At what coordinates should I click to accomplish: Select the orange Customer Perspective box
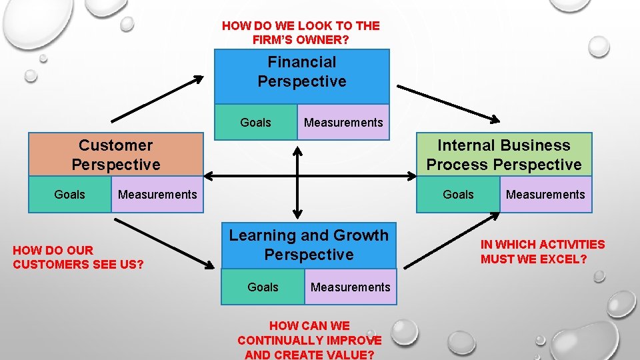tap(116, 155)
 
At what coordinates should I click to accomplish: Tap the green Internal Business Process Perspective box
tap(504, 155)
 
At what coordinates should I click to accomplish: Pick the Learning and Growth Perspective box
tap(309, 245)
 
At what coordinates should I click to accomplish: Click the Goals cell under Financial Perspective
tap(255, 123)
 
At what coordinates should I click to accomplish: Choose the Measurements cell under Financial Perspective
tap(343, 123)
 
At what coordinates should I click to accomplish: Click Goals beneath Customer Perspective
tap(69, 195)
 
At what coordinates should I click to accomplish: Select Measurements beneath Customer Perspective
tap(157, 195)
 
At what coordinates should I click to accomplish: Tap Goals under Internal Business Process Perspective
tap(458, 195)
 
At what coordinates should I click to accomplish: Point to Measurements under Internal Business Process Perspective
tap(545, 195)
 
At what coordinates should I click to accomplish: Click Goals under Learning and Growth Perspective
tap(263, 287)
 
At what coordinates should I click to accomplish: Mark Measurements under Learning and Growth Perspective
tap(351, 287)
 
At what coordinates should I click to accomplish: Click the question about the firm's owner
tap(301, 33)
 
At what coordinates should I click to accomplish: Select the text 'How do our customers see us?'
tap(79, 257)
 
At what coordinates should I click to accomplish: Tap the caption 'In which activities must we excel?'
tap(543, 251)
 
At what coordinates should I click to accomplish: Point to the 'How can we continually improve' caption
tap(309, 340)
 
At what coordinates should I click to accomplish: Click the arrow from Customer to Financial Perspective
tap(157, 99)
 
